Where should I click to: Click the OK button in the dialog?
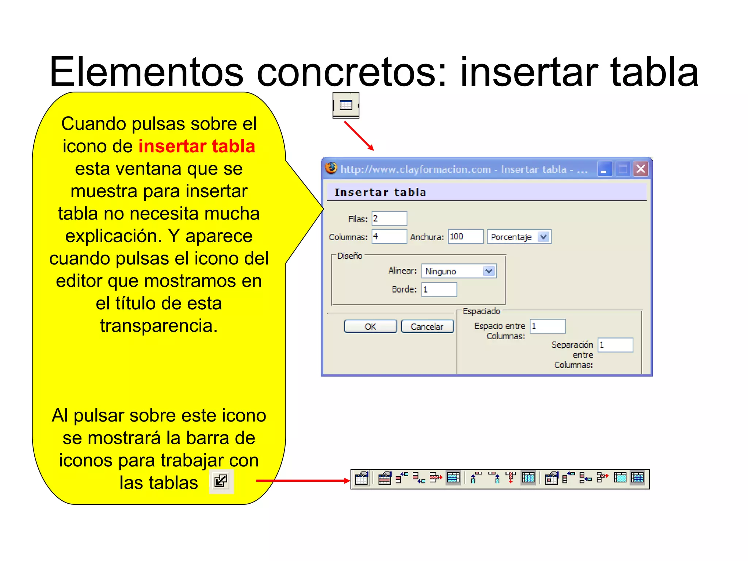[x=370, y=326]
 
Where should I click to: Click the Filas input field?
[x=389, y=219]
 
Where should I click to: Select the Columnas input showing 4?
[x=389, y=237]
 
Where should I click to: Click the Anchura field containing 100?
[x=466, y=237]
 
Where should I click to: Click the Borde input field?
[x=439, y=290]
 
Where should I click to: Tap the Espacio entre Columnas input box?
[x=547, y=326]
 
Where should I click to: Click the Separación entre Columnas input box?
[x=615, y=345]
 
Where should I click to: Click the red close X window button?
[x=641, y=169]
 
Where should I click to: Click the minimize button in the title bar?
[x=604, y=169]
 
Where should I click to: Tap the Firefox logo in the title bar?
[x=331, y=168]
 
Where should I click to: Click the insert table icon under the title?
[x=346, y=105]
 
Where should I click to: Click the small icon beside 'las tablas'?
[x=221, y=481]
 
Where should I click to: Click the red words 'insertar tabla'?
[x=196, y=146]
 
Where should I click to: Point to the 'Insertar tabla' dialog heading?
[x=380, y=192]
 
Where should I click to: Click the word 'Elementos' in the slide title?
[x=146, y=72]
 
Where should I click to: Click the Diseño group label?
[x=350, y=256]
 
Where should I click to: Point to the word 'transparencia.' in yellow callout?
[x=159, y=326]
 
